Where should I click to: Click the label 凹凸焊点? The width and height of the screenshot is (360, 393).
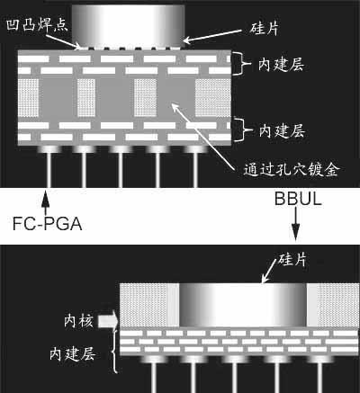(37, 24)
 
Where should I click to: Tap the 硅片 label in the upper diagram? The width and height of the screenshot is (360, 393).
(264, 29)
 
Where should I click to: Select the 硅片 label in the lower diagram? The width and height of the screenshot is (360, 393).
(292, 259)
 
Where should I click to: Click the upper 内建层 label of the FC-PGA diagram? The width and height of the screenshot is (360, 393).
(282, 65)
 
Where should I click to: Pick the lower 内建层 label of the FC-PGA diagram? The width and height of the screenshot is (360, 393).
(282, 131)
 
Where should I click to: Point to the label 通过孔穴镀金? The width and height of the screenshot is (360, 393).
(292, 170)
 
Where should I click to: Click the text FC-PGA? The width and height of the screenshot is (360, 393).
(48, 224)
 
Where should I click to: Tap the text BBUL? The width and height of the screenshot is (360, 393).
(298, 199)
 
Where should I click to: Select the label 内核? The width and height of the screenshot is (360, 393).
(78, 321)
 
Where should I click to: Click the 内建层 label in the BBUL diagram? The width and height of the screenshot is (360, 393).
(73, 354)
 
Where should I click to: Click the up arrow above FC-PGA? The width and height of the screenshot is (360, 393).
(45, 202)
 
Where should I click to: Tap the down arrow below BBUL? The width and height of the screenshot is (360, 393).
(296, 224)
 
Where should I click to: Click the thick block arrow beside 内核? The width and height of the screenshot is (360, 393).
(108, 321)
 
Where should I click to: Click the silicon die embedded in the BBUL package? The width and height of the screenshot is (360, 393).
(243, 305)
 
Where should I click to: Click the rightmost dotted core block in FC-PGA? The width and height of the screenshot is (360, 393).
(213, 98)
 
